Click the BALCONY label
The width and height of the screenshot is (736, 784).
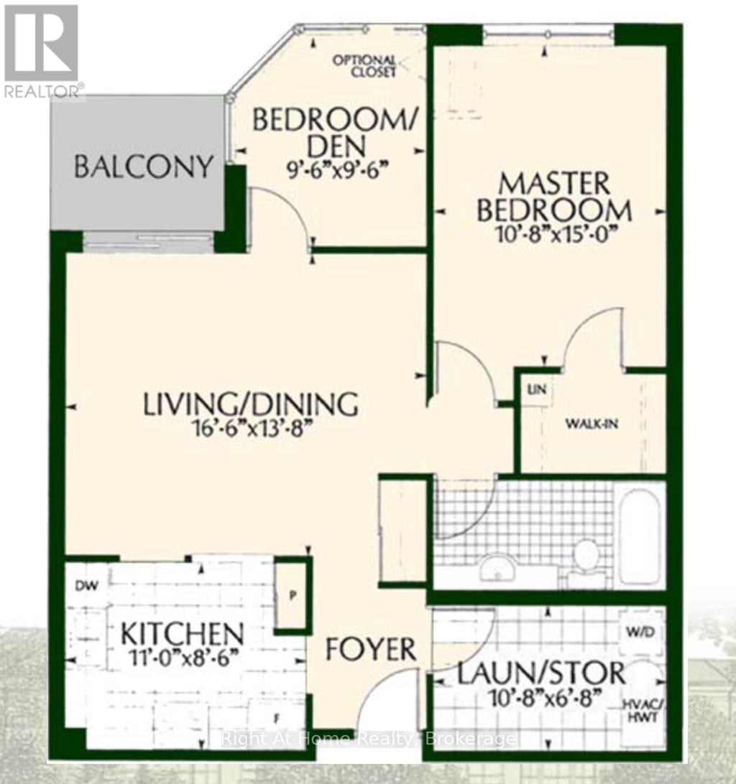(143, 167)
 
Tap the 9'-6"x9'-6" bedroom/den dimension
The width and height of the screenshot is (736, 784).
(338, 171)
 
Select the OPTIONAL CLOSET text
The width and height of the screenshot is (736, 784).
(365, 66)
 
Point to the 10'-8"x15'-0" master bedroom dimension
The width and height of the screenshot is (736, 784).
(553, 234)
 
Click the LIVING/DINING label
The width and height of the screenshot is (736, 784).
(250, 404)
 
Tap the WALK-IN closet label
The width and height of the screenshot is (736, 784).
(592, 424)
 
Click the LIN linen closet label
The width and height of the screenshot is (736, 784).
(535, 389)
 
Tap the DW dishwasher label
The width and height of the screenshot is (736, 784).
(87, 585)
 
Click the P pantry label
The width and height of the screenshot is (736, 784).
(293, 596)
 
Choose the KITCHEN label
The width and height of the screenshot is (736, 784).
(183, 635)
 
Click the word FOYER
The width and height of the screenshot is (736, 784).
(371, 650)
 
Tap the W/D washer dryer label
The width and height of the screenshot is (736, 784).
(640, 632)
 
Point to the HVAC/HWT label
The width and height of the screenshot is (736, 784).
(643, 711)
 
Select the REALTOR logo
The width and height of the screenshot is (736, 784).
(42, 51)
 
